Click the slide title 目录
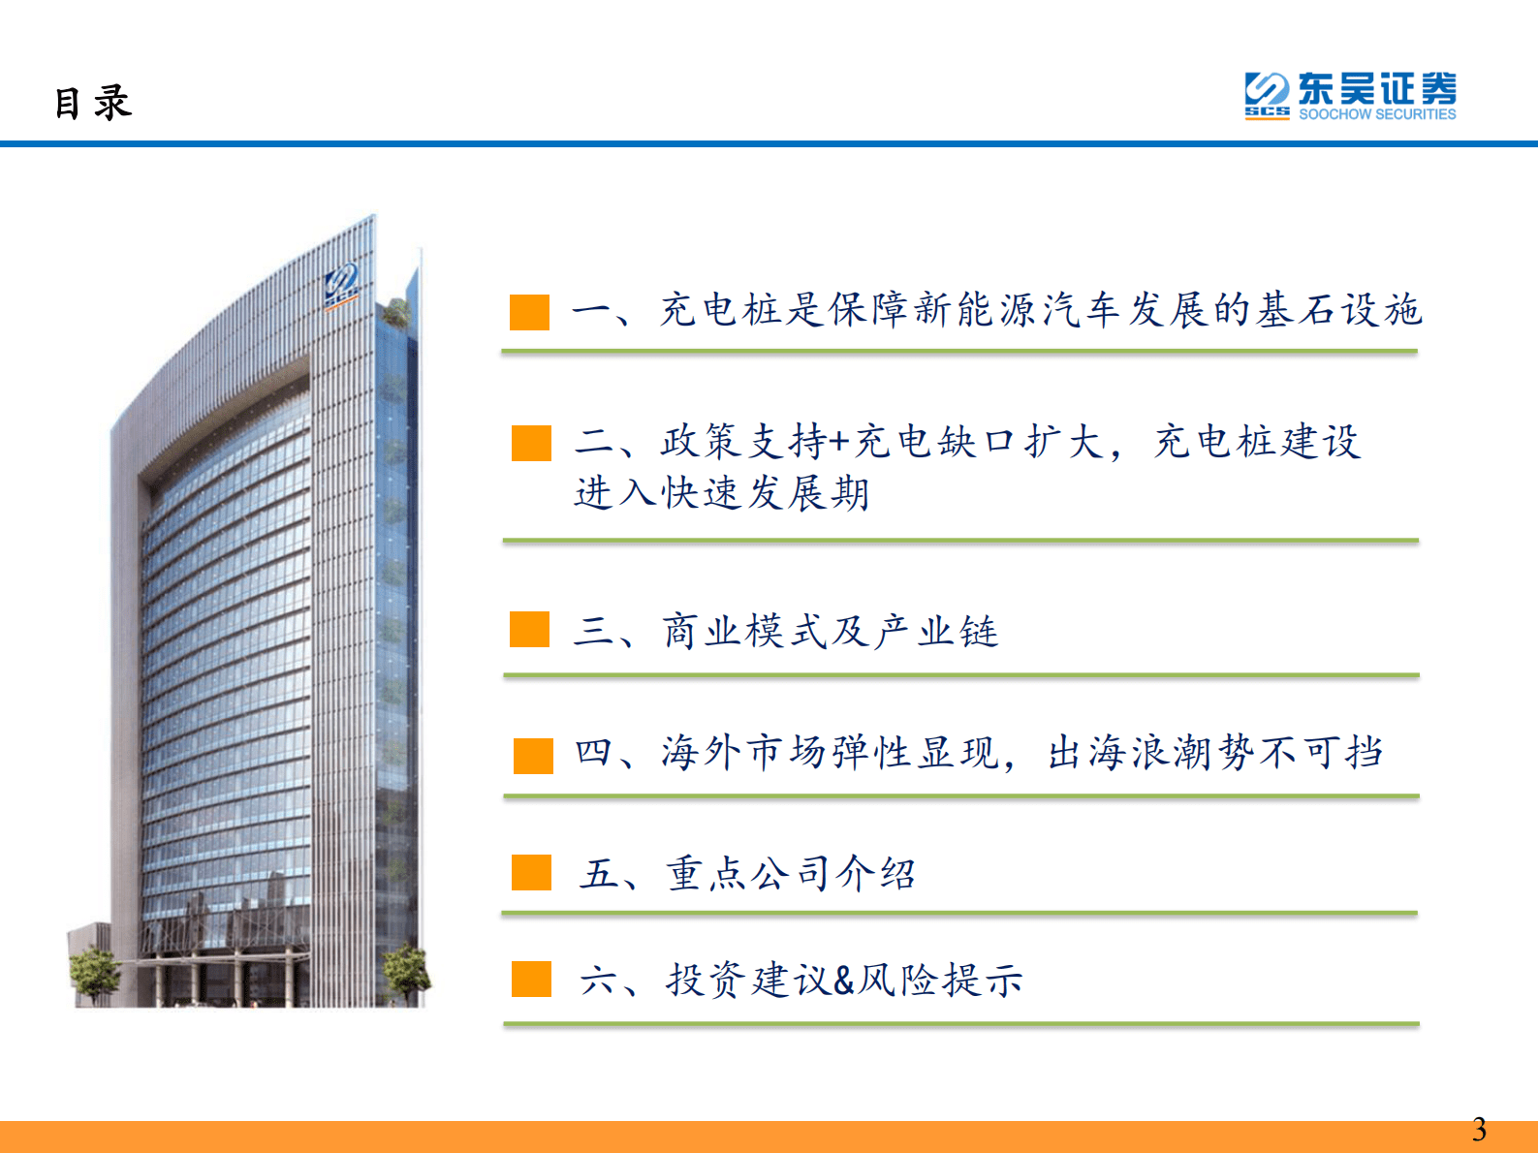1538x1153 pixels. coord(93,103)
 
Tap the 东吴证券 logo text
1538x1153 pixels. coord(1376,89)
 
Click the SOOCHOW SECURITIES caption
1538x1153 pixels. coord(1377,114)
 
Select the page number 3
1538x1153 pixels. coord(1479,1130)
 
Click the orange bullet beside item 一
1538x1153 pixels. coord(530,312)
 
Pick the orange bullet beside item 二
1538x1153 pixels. coord(531,443)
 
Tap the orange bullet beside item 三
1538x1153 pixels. coord(530,629)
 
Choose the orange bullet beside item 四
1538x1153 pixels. coord(533,756)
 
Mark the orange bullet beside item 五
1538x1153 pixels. coord(531,872)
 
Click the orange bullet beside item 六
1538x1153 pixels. coord(531,979)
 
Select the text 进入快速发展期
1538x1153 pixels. coord(722,493)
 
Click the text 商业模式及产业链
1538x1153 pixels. coord(831,632)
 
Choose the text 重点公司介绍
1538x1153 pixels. coord(791,874)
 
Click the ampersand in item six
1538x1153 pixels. coord(843,981)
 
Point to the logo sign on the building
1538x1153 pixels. coord(342,284)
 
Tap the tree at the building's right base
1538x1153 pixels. coord(406,969)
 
